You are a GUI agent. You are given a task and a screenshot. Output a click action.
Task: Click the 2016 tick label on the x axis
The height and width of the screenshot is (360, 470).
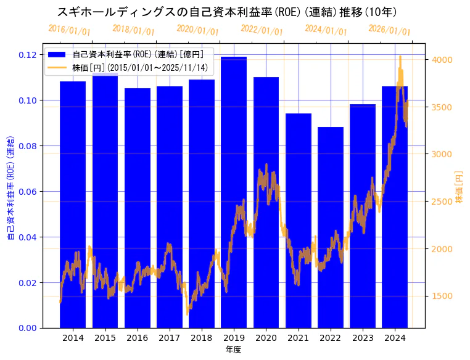click(137, 338)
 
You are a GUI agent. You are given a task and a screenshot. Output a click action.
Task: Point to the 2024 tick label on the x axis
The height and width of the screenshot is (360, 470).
click(395, 338)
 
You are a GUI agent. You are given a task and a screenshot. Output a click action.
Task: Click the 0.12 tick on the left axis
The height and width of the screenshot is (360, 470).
click(27, 55)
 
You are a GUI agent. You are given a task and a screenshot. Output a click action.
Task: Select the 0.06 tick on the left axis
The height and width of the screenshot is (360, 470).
click(27, 191)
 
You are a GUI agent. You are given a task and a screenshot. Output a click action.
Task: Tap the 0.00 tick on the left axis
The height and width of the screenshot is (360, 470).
click(27, 328)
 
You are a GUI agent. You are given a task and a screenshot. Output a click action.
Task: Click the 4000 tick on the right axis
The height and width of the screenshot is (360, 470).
click(443, 60)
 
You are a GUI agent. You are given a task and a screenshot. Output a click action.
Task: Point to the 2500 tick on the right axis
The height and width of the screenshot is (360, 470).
click(443, 202)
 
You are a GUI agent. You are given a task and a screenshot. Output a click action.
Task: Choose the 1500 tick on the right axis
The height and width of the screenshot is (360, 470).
click(443, 296)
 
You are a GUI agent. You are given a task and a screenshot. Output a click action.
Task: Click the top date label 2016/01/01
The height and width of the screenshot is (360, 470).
click(69, 30)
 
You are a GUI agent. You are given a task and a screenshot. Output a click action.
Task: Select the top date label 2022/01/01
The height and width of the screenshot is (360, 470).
click(262, 30)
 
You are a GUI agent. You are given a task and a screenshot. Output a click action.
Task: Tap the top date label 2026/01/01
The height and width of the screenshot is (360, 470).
click(389, 30)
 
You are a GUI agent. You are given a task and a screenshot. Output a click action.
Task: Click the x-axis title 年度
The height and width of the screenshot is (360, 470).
click(233, 350)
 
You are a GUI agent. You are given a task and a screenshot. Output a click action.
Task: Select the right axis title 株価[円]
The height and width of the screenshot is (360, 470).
click(459, 187)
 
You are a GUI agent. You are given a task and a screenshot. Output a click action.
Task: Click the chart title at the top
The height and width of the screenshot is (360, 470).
click(227, 12)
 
